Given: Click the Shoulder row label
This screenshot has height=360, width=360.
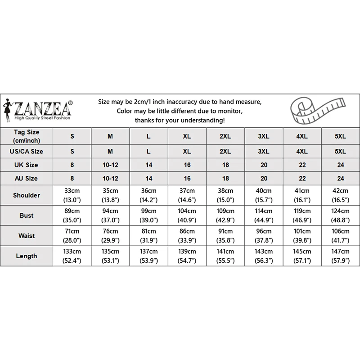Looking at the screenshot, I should coord(27,195).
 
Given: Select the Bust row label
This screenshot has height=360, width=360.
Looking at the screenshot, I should coord(27,216).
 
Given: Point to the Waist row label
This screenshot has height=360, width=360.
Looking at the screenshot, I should coord(27,236).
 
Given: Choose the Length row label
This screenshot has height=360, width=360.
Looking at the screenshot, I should coord(27,256).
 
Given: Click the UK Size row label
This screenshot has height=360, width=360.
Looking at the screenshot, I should coord(27,165).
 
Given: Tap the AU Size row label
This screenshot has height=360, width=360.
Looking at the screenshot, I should coord(27,178).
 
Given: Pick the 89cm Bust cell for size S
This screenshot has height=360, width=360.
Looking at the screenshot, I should coord(72,216).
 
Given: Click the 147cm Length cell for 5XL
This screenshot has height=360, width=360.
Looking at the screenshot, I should coord(341,256).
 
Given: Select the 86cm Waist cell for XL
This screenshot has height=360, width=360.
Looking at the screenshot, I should coord(187,236).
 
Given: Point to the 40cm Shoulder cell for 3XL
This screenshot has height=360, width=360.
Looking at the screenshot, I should coord(264,195).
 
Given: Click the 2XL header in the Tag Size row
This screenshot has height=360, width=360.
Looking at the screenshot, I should coord(225,135).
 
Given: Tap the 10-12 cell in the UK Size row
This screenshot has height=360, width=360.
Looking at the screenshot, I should coord(111,165).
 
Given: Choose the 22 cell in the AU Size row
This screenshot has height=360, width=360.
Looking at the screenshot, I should coord(302,178).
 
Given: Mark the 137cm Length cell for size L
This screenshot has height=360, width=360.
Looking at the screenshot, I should coord(149,256).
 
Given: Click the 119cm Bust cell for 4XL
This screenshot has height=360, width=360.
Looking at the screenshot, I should coord(302,216).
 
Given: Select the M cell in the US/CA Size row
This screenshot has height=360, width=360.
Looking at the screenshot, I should coord(111,152).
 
